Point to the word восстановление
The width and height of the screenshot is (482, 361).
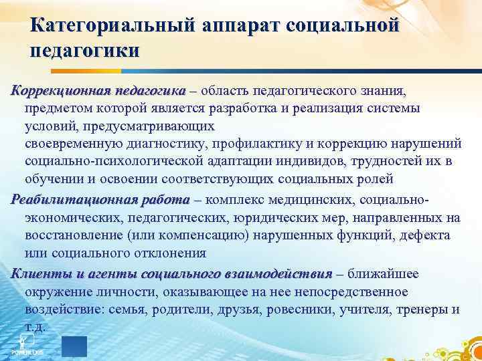pyautogui.click(x=74, y=235)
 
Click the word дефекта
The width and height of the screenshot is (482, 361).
pyautogui.click(x=426, y=235)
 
